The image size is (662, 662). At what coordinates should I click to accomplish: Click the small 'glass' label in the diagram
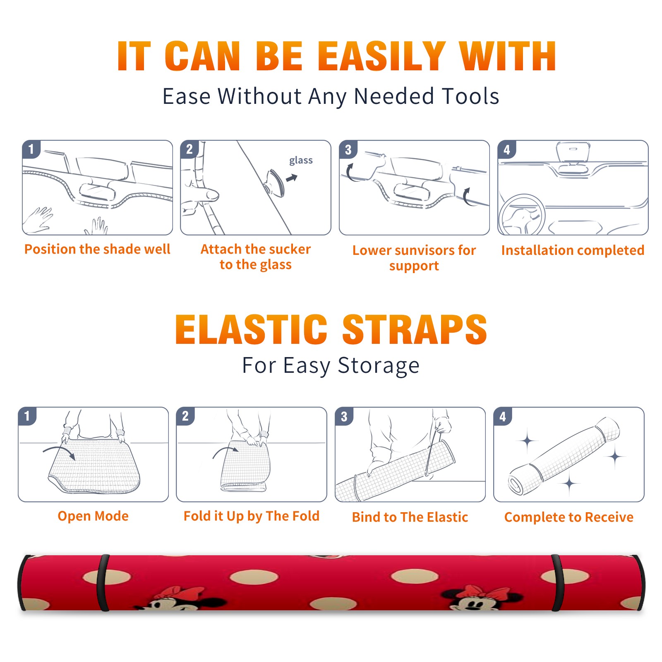click(x=301, y=161)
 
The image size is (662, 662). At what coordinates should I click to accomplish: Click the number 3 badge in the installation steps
click(x=348, y=149)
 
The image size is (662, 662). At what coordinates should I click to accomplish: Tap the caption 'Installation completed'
click(x=573, y=250)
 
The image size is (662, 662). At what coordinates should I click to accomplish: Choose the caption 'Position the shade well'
click(x=97, y=249)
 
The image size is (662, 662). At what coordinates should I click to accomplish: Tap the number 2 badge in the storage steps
click(x=185, y=416)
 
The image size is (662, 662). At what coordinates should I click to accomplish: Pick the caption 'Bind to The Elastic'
click(x=410, y=517)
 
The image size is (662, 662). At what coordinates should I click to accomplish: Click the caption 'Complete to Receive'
click(x=569, y=517)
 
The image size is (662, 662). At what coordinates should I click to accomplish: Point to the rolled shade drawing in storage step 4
click(x=564, y=456)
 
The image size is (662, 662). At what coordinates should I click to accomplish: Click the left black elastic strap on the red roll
click(x=103, y=583)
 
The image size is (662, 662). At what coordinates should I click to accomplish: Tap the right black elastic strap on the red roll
click(x=557, y=583)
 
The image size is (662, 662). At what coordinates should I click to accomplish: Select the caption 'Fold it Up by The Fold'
click(x=252, y=516)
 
